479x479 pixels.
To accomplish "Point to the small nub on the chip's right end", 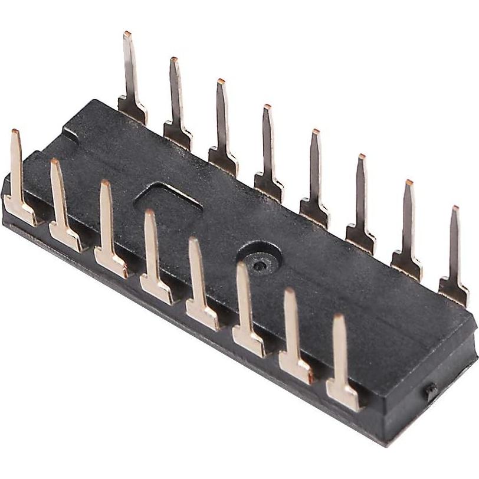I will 431,391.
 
